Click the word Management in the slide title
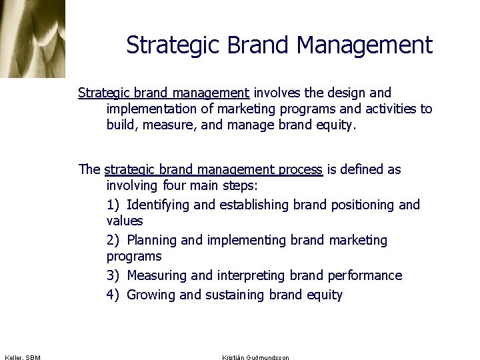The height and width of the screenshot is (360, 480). [x=365, y=45]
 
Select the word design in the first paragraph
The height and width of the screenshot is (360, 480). [x=348, y=93]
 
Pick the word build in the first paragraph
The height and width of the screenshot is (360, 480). [x=121, y=125]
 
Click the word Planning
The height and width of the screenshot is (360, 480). [x=151, y=240]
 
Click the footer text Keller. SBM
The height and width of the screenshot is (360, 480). [x=22, y=358]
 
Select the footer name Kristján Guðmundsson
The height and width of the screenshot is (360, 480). [x=255, y=358]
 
